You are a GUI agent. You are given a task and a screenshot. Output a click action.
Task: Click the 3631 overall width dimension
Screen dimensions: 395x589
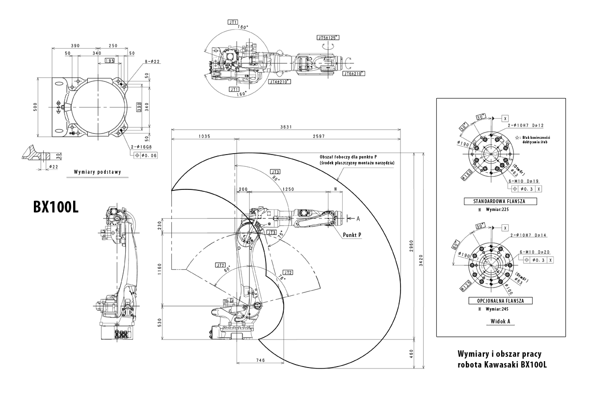pos(286,127)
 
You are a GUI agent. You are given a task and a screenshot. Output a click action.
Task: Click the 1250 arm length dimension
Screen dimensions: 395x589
pos(288,189)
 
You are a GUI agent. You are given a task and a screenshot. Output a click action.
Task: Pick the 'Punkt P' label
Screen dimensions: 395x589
pos(352,235)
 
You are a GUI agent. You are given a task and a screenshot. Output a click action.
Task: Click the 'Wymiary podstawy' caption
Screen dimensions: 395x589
pos(98,172)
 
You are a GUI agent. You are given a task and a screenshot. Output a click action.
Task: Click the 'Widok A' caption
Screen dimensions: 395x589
pos(501,321)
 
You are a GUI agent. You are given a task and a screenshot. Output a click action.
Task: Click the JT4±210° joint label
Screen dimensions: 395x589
pos(279,82)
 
